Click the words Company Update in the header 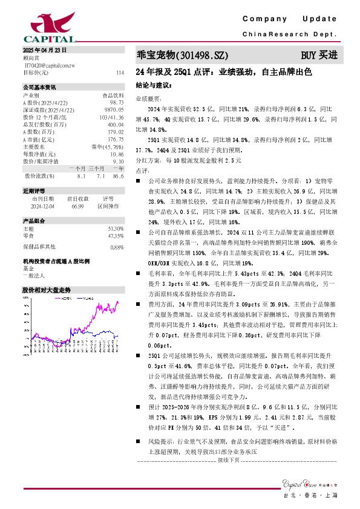(290, 19)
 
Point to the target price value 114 (119, 73)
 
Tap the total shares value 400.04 (115, 125)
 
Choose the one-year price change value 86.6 (117, 176)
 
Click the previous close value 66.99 (77, 205)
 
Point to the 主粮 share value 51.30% (116, 229)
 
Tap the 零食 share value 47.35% (116, 235)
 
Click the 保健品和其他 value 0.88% (117, 247)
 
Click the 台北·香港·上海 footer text (319, 495)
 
